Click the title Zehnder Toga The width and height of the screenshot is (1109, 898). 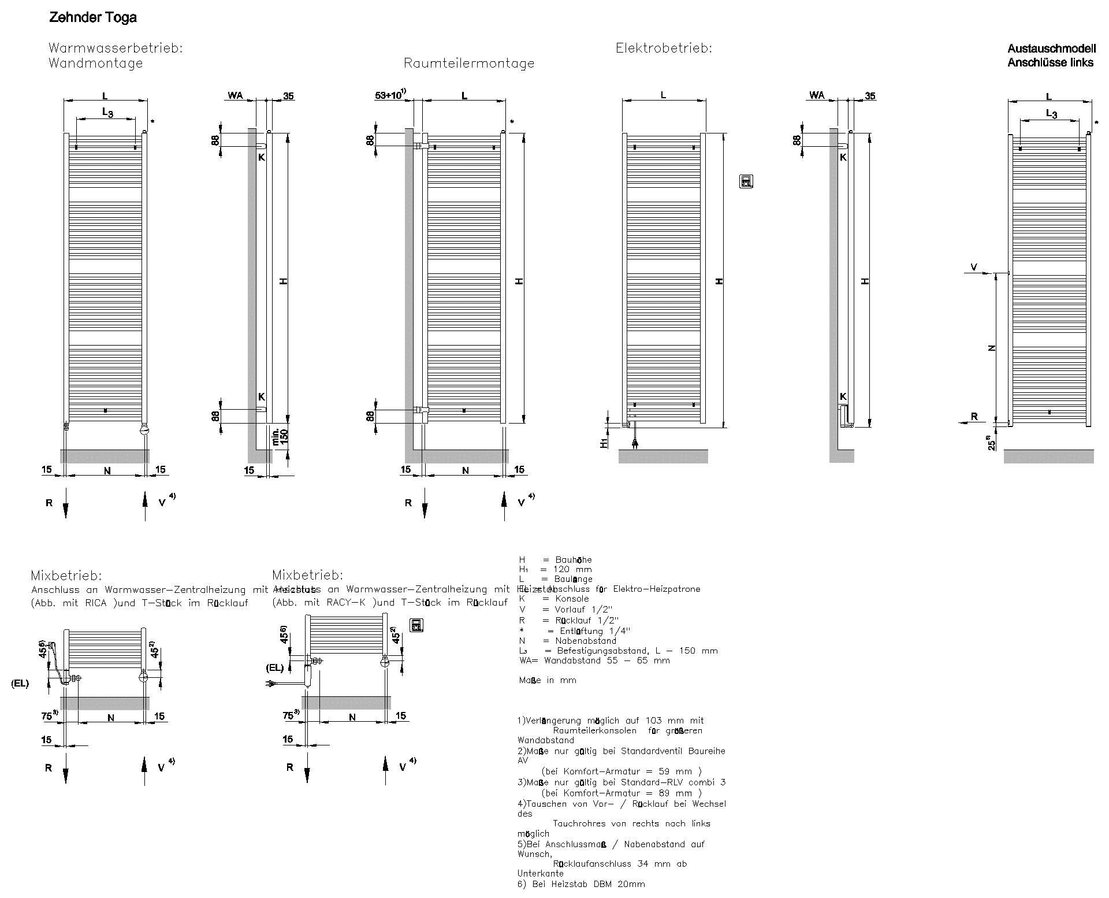[93, 18]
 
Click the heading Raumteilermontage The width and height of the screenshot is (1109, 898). [468, 64]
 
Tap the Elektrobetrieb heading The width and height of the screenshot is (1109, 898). [664, 49]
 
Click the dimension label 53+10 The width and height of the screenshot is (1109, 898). [390, 95]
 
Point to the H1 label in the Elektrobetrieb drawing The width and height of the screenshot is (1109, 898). [604, 442]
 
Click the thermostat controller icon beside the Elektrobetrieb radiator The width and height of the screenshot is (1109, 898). [746, 181]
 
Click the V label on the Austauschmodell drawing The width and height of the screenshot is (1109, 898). [974, 267]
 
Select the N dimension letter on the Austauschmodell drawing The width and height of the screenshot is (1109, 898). [992, 348]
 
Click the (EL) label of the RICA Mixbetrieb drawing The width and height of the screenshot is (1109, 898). [20, 684]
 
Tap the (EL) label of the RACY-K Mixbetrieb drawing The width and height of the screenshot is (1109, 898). [274, 668]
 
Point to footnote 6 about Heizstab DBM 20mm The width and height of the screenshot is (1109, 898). [581, 884]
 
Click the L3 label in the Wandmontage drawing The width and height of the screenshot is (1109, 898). [107, 112]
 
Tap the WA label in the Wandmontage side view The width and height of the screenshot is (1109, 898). [235, 95]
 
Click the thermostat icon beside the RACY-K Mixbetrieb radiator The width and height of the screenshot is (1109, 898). [416, 625]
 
